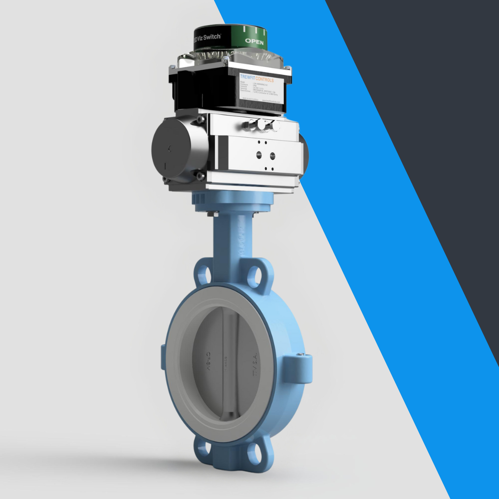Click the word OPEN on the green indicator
(254, 42)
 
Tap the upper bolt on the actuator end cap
(200, 120)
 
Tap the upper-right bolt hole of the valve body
(254, 274)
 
